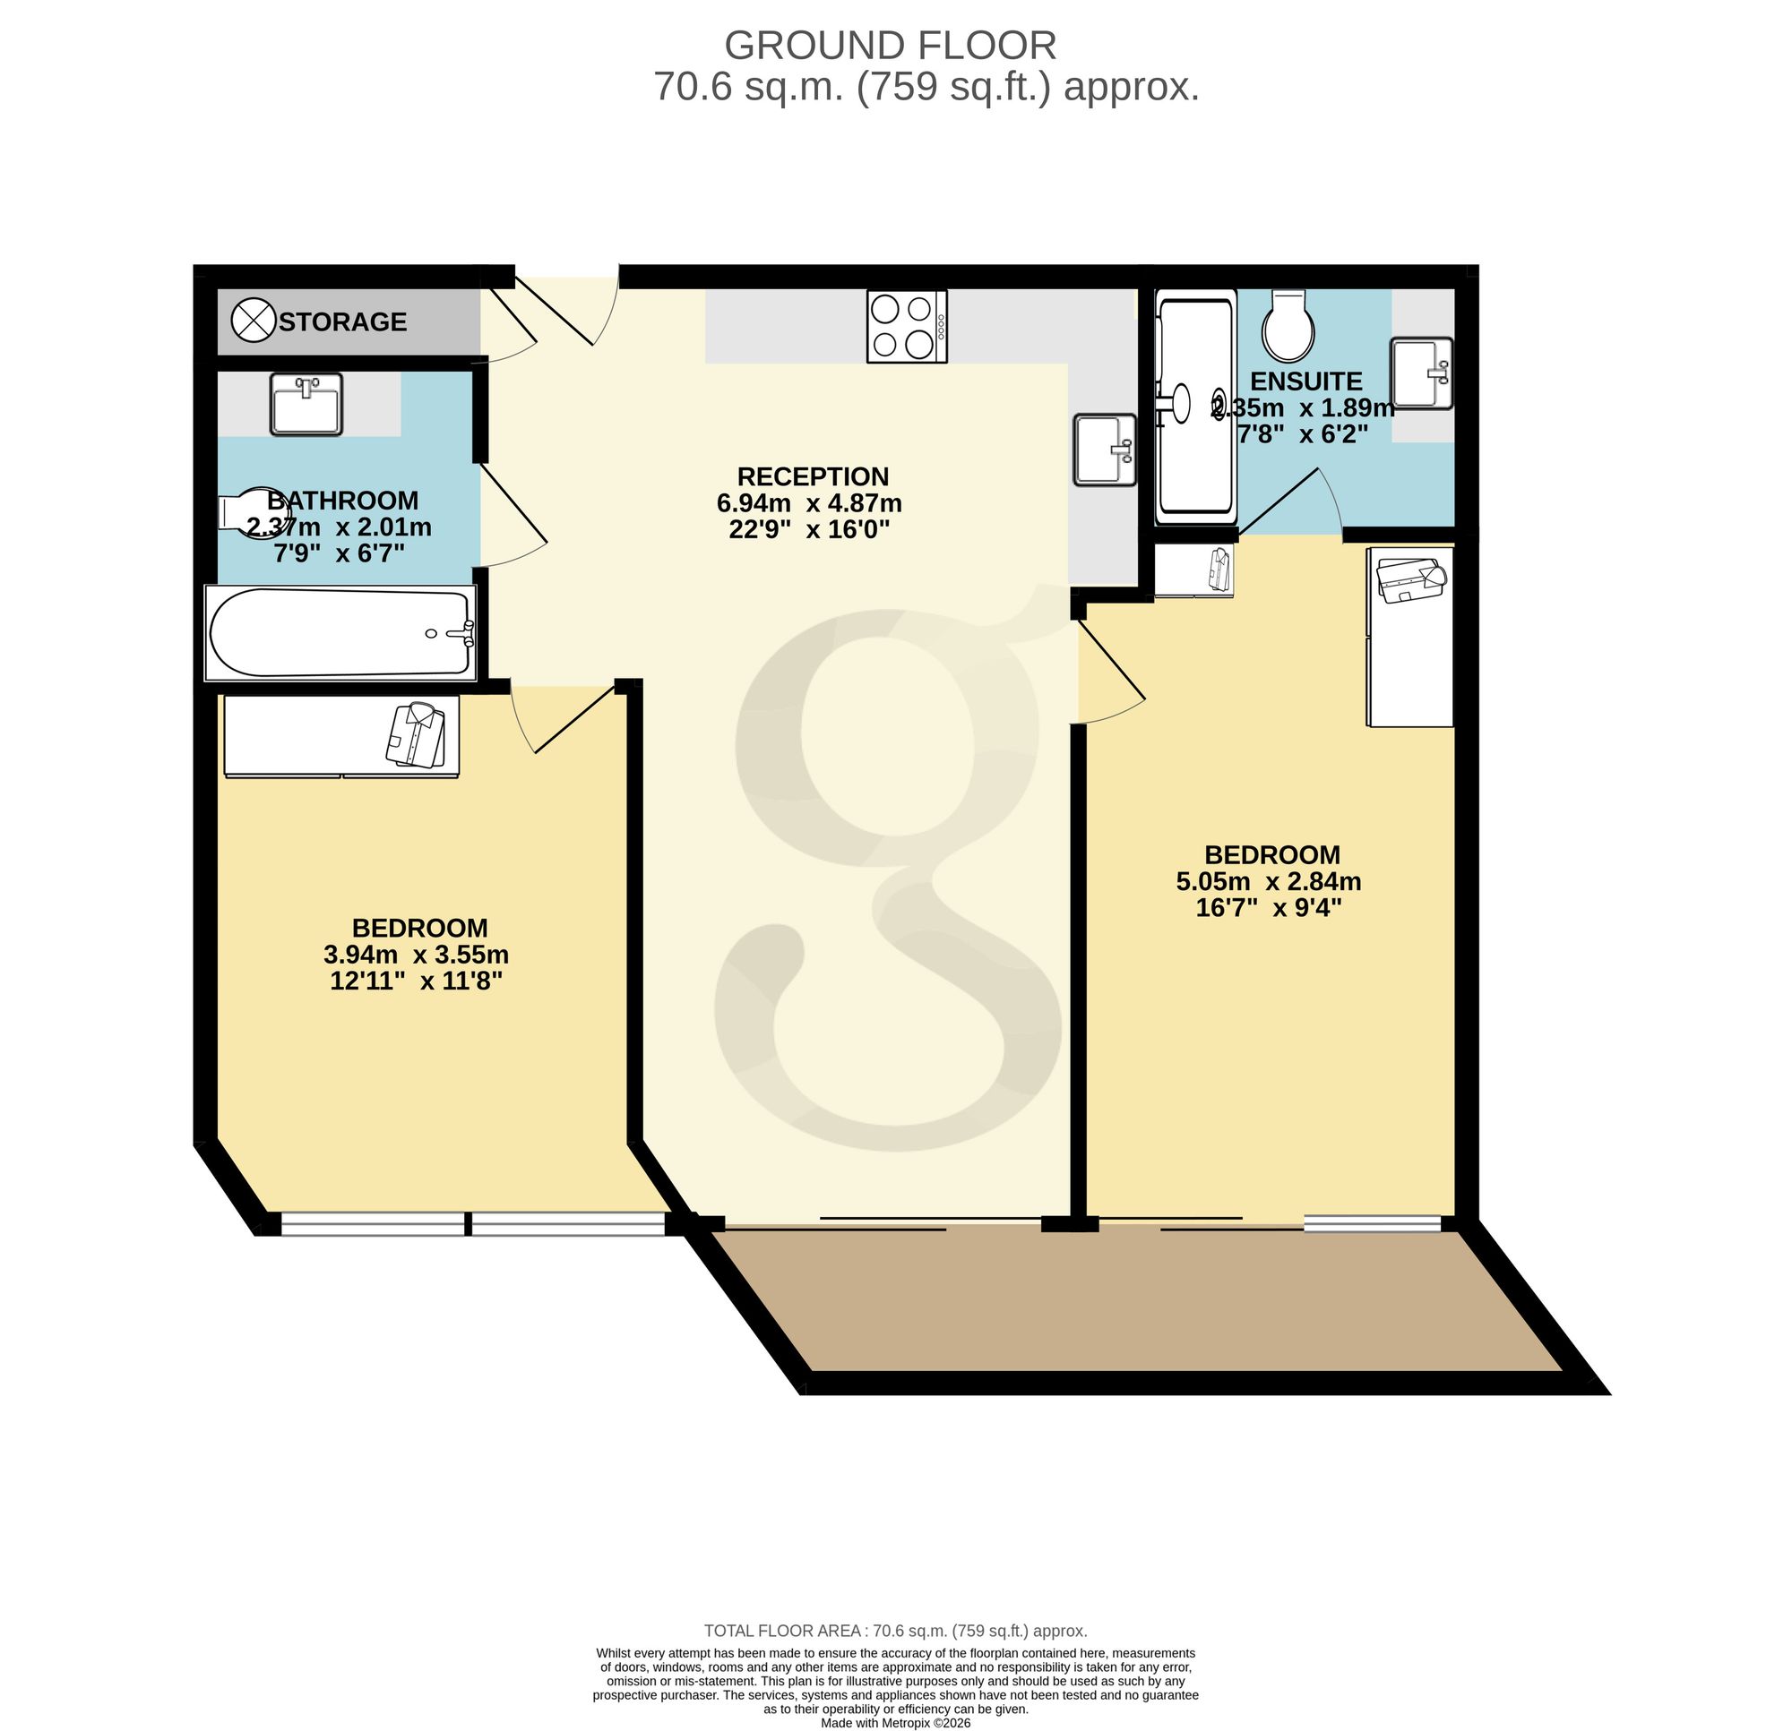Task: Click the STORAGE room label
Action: coord(343,321)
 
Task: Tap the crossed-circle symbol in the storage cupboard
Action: coord(254,321)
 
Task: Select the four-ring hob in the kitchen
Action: coord(907,326)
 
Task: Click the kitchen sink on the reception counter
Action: coord(1106,449)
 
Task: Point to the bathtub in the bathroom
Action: coord(341,632)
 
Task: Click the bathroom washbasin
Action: coord(306,403)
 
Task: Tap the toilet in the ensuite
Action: coord(1289,325)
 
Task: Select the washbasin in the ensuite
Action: coord(1422,372)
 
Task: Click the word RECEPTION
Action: coord(813,476)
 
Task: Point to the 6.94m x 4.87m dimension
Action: coord(809,502)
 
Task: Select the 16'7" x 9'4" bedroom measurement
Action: coord(1269,907)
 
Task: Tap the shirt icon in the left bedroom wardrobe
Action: coord(416,734)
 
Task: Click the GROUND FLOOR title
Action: coord(890,45)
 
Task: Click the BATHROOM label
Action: coord(343,500)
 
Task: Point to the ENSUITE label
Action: coord(1305,381)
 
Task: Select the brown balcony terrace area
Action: coord(1133,1298)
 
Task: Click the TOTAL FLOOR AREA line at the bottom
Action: coord(896,1631)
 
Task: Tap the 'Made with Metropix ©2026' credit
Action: coord(896,1723)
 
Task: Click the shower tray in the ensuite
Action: coord(1196,407)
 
